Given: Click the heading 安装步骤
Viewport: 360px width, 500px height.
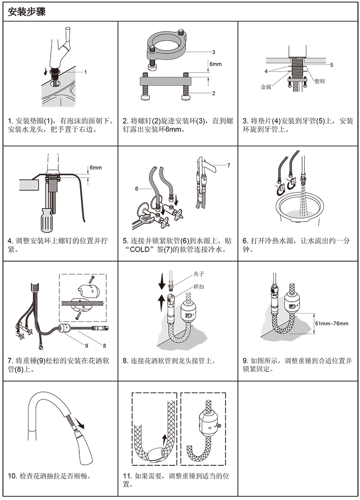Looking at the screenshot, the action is point(26,12).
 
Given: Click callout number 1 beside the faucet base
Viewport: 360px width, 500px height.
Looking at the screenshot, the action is point(86,72).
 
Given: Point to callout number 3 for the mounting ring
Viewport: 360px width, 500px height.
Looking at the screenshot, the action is point(214,52).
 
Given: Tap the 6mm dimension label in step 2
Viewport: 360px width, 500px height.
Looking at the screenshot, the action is point(215,64).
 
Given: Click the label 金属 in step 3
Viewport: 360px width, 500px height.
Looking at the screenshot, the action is point(266,87).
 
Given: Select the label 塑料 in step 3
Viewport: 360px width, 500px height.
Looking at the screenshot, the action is point(319,81).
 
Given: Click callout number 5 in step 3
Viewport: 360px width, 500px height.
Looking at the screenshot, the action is point(332,65).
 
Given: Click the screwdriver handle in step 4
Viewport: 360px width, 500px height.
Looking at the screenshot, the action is point(46,220).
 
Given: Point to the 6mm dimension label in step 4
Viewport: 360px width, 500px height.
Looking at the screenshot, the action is point(96,167).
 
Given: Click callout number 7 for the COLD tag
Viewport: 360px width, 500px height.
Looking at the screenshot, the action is point(229,165).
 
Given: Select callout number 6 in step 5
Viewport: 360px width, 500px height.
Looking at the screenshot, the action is point(137,189).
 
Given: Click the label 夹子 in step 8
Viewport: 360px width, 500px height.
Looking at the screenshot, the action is point(198,274).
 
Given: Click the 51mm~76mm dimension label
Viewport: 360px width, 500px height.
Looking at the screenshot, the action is point(332,323).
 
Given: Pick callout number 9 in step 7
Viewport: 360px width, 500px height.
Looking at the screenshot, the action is point(87,345).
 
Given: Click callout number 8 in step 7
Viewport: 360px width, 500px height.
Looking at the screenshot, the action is point(104,345).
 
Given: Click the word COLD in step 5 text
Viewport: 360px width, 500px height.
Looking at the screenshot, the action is point(140,249).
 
